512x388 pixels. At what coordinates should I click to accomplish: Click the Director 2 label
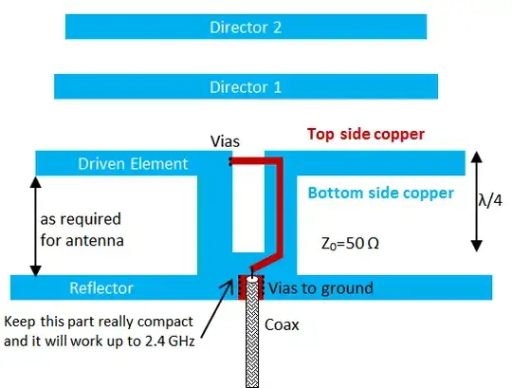(x=245, y=28)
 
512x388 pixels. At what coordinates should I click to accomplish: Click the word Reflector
(x=101, y=287)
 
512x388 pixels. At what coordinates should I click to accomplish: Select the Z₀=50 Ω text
(x=351, y=243)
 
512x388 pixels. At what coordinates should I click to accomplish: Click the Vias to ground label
(x=320, y=287)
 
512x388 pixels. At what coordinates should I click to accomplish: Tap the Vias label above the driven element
(x=226, y=141)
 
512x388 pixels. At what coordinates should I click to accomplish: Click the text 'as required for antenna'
(x=81, y=229)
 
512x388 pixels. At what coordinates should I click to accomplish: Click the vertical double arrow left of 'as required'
(x=35, y=226)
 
